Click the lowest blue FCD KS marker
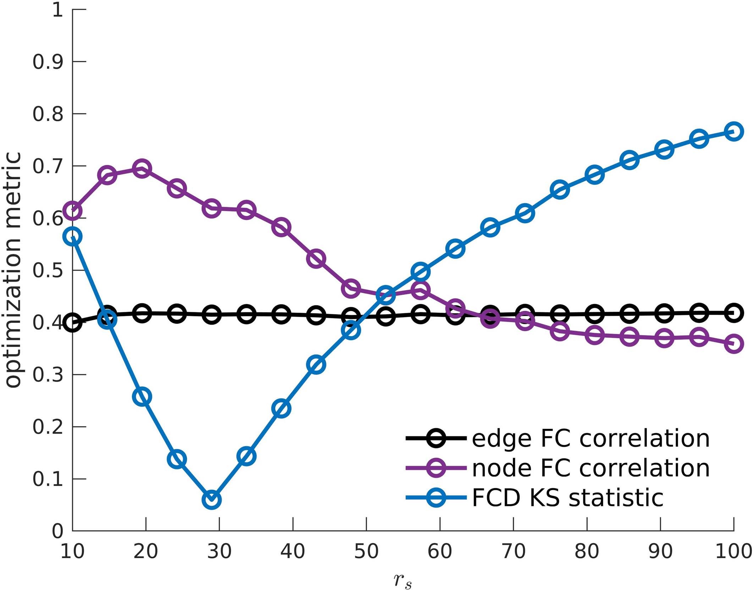(x=212, y=500)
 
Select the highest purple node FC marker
(x=142, y=168)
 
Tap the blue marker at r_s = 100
(x=734, y=131)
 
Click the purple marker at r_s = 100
(x=734, y=343)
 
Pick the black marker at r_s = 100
(x=734, y=313)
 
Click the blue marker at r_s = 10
(x=73, y=236)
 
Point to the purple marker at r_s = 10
(x=73, y=210)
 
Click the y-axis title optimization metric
(x=13, y=270)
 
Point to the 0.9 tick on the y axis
(x=48, y=62)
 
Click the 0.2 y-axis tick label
(x=48, y=427)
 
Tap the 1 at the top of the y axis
(x=57, y=10)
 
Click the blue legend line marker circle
(x=436, y=497)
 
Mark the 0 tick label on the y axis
(x=57, y=531)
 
